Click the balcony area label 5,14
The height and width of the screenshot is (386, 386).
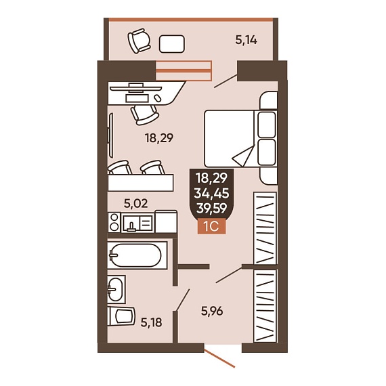(246, 40)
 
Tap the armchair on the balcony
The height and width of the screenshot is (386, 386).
(139, 41)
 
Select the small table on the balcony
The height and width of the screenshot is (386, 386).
(171, 44)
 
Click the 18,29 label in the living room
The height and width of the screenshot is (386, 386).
(159, 138)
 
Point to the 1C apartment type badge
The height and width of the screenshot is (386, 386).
(212, 226)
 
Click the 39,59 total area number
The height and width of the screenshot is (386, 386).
(212, 209)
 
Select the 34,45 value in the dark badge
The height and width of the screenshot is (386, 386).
(212, 193)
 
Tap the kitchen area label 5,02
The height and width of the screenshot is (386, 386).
(136, 203)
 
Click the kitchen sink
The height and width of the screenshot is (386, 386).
(137, 223)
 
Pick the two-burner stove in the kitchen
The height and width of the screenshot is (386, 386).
(114, 223)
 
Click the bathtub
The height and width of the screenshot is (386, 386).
(137, 255)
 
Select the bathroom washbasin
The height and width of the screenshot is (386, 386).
(116, 289)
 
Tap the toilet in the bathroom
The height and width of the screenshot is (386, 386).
(121, 316)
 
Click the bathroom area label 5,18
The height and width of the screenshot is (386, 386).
(152, 322)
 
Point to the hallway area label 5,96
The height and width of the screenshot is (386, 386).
(212, 311)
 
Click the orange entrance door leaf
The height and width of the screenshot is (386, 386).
(220, 359)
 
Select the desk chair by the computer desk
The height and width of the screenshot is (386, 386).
(144, 114)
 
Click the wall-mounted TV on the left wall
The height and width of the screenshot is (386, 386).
(111, 135)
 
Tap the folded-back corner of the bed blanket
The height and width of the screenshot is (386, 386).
(244, 156)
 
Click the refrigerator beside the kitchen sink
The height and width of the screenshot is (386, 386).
(166, 221)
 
